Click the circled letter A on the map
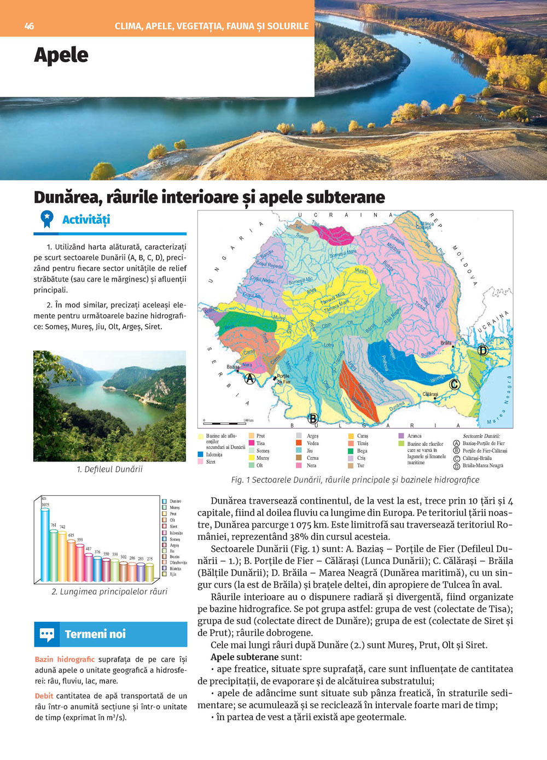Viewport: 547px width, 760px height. tap(250, 378)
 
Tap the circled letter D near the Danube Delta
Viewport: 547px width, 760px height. tap(482, 350)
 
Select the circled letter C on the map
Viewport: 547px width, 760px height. tap(454, 384)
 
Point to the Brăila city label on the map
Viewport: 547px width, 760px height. tap(446, 343)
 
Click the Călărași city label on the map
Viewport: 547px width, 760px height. tap(430, 394)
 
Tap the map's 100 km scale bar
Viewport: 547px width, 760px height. tap(224, 423)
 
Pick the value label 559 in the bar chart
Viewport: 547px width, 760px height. tap(80, 540)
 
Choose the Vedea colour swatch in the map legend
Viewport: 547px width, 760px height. tap(299, 443)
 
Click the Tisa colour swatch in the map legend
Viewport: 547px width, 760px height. tap(252, 443)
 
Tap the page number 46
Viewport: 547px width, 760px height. tap(29, 26)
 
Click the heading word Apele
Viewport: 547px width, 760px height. tap(61, 55)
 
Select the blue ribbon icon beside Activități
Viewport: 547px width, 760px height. tap(47, 219)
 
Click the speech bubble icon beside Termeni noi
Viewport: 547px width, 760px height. tap(47, 634)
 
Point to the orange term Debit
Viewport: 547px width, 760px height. tap(44, 696)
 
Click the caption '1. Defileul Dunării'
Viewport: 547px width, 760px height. tap(109, 469)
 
